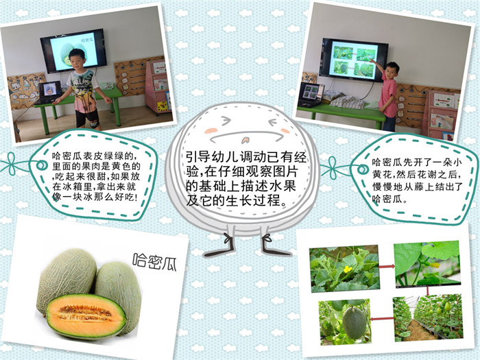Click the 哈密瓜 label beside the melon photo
(x=155, y=262)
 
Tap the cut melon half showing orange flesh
(x=86, y=315)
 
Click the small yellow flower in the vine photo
(x=348, y=269)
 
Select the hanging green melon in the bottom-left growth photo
(x=355, y=323)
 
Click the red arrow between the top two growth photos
(x=387, y=267)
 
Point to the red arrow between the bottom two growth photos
(x=381, y=319)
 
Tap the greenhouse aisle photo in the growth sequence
(x=428, y=317)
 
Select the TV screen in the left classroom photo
(x=73, y=51)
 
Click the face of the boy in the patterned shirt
(x=76, y=60)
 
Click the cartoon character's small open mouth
(x=245, y=141)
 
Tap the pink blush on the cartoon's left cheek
(x=211, y=130)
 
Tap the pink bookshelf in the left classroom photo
(x=158, y=86)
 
